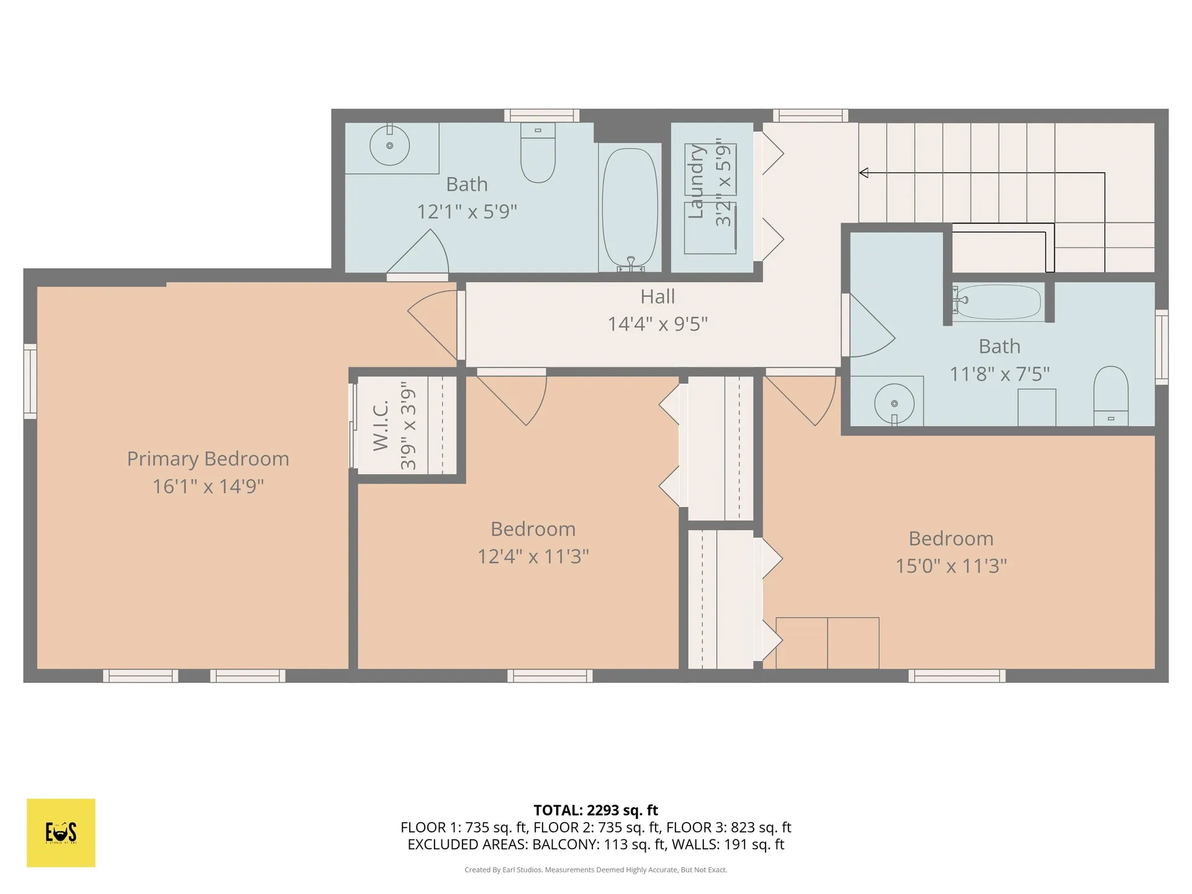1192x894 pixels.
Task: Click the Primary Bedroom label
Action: click(208, 459)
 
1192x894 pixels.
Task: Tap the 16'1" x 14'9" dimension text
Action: click(208, 486)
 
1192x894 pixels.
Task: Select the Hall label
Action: click(657, 297)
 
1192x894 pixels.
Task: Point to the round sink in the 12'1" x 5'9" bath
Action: click(390, 146)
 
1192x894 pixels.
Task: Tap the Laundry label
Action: click(697, 182)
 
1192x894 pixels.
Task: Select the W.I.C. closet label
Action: click(381, 426)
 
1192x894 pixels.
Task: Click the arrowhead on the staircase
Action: click(864, 173)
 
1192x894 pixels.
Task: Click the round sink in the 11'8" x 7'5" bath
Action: click(894, 404)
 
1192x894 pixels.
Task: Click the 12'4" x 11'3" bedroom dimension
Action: click(533, 556)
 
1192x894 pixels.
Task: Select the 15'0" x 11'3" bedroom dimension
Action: click(950, 566)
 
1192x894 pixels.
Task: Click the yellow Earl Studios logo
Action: click(61, 833)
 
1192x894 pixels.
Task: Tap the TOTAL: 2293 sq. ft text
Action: click(595, 810)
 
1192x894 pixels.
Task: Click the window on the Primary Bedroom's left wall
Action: click(30, 381)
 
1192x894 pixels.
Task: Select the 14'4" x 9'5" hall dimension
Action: click(657, 324)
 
